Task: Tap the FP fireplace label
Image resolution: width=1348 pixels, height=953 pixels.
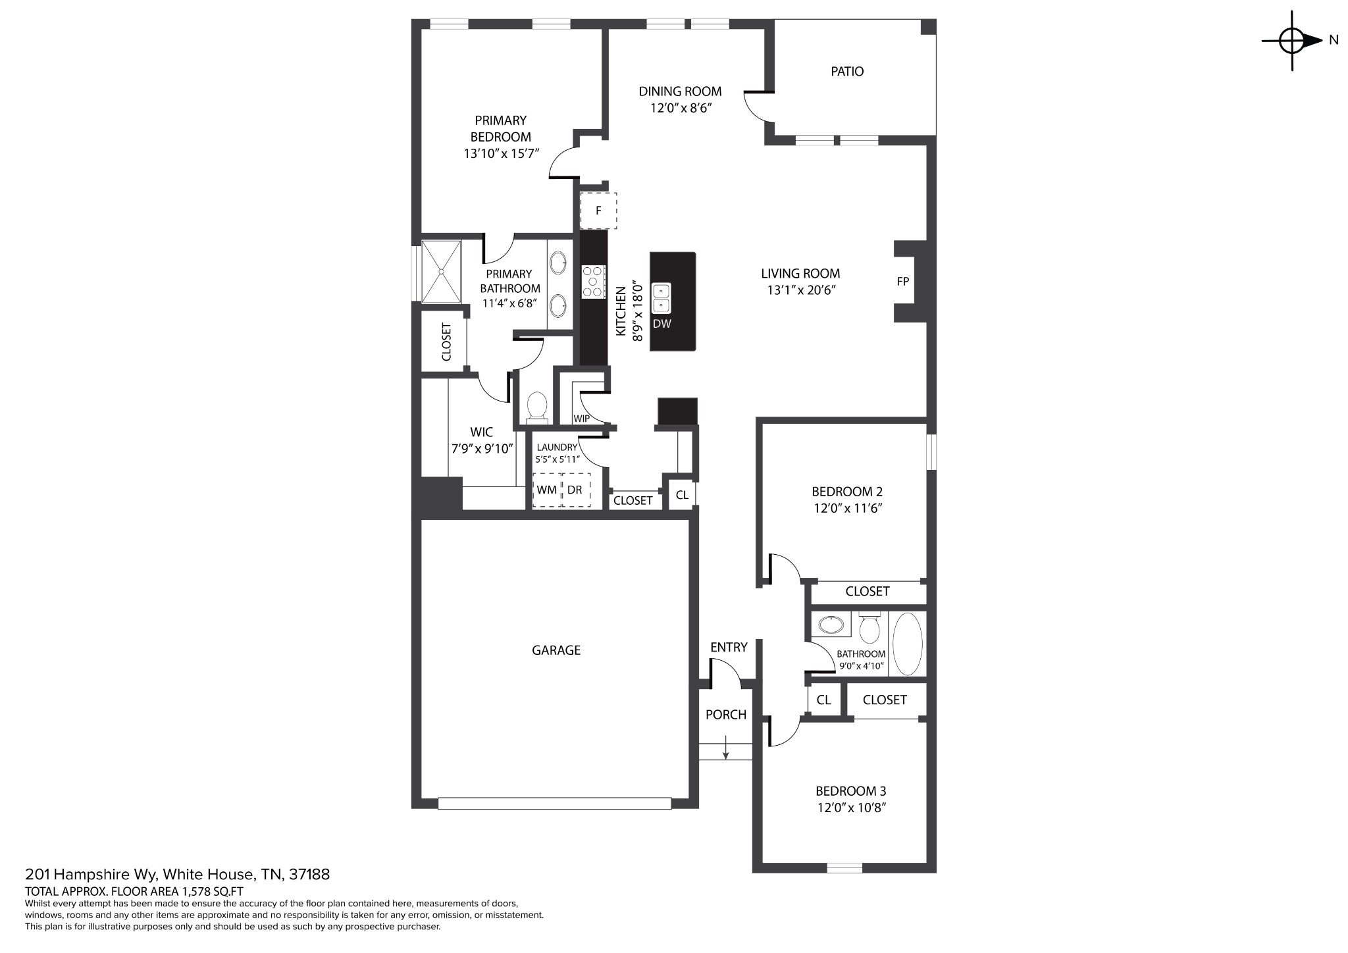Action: (903, 281)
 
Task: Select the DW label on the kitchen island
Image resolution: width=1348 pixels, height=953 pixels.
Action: (662, 324)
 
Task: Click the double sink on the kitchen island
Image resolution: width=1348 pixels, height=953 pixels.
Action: (661, 298)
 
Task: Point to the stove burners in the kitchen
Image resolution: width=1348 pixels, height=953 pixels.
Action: (593, 281)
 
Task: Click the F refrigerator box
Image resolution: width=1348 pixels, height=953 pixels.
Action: (598, 211)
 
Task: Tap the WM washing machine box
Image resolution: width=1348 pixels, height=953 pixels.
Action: (547, 490)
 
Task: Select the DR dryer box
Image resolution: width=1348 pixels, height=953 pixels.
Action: (576, 490)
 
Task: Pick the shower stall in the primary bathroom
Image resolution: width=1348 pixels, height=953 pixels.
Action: (442, 271)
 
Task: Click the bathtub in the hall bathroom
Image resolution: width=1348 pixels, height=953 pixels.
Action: (908, 644)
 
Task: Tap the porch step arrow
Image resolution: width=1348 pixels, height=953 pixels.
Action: (725, 748)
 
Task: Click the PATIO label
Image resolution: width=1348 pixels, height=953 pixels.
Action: (847, 71)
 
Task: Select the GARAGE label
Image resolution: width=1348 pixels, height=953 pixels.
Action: (556, 650)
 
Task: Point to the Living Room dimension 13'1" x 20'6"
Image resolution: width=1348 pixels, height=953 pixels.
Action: (800, 290)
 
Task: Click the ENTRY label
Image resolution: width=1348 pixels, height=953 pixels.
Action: (729, 648)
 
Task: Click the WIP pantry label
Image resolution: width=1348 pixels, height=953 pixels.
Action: (581, 419)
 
